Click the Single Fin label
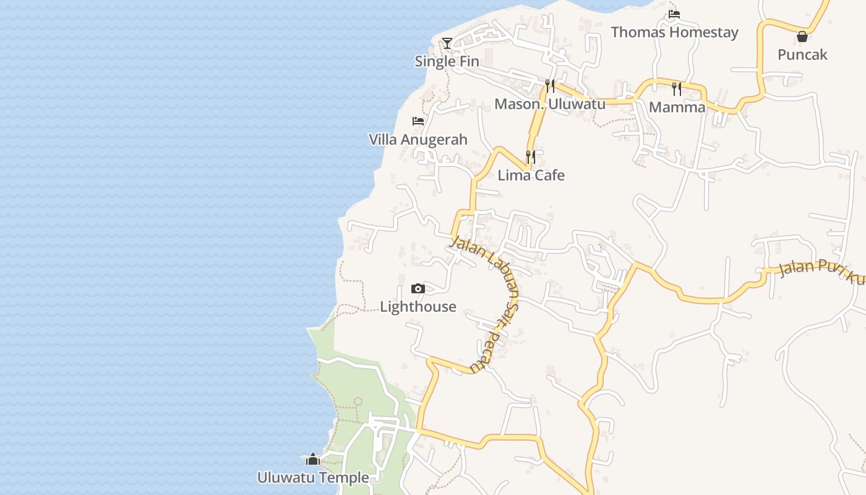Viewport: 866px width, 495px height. (x=447, y=61)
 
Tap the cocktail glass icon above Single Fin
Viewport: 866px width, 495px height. (x=447, y=43)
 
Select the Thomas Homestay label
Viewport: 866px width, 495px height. (x=674, y=32)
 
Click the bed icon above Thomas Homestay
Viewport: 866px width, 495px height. (x=674, y=14)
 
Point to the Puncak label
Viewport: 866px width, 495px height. (x=802, y=54)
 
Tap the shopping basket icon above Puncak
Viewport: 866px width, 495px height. (x=802, y=37)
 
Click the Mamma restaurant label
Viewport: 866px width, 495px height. (x=677, y=107)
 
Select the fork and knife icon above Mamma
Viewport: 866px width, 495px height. (x=677, y=89)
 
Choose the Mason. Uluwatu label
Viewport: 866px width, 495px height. (x=549, y=104)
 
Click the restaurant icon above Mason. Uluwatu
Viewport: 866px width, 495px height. (x=550, y=85)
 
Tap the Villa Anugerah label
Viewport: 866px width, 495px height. (x=418, y=139)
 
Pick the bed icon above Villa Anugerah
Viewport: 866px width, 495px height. (x=418, y=121)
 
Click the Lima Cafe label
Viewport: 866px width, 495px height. (x=531, y=175)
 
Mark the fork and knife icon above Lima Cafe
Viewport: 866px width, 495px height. (x=531, y=157)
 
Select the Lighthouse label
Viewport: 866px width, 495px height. (x=418, y=306)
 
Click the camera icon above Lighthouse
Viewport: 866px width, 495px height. (x=418, y=288)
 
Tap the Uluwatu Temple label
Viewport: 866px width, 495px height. (x=313, y=478)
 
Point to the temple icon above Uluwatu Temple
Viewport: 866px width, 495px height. (x=313, y=459)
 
